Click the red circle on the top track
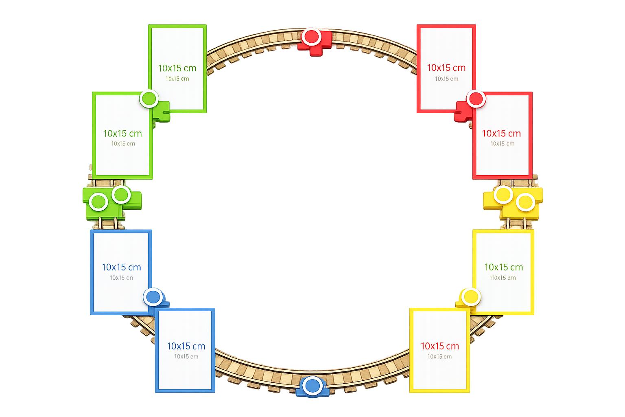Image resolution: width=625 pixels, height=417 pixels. point(311,37)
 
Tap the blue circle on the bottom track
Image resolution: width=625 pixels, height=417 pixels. point(312,386)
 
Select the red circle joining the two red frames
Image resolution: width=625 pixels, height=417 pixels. point(476,99)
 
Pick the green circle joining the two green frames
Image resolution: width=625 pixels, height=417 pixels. point(149,99)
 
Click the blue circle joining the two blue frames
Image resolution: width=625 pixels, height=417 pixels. point(153,297)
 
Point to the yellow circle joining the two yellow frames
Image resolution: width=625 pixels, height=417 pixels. point(471,296)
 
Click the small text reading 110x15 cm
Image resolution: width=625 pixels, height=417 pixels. point(503,278)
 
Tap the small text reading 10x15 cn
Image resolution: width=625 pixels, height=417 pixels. point(121,278)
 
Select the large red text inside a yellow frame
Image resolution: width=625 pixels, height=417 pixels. point(440,346)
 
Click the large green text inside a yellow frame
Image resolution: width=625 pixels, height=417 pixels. point(504,267)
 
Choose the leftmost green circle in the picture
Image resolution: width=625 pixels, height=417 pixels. point(98,202)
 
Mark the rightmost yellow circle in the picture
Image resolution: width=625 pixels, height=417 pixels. point(525,202)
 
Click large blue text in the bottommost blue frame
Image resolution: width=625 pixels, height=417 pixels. point(186,346)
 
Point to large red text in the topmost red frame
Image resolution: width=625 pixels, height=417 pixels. point(446,68)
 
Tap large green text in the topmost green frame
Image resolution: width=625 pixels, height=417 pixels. point(177,68)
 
